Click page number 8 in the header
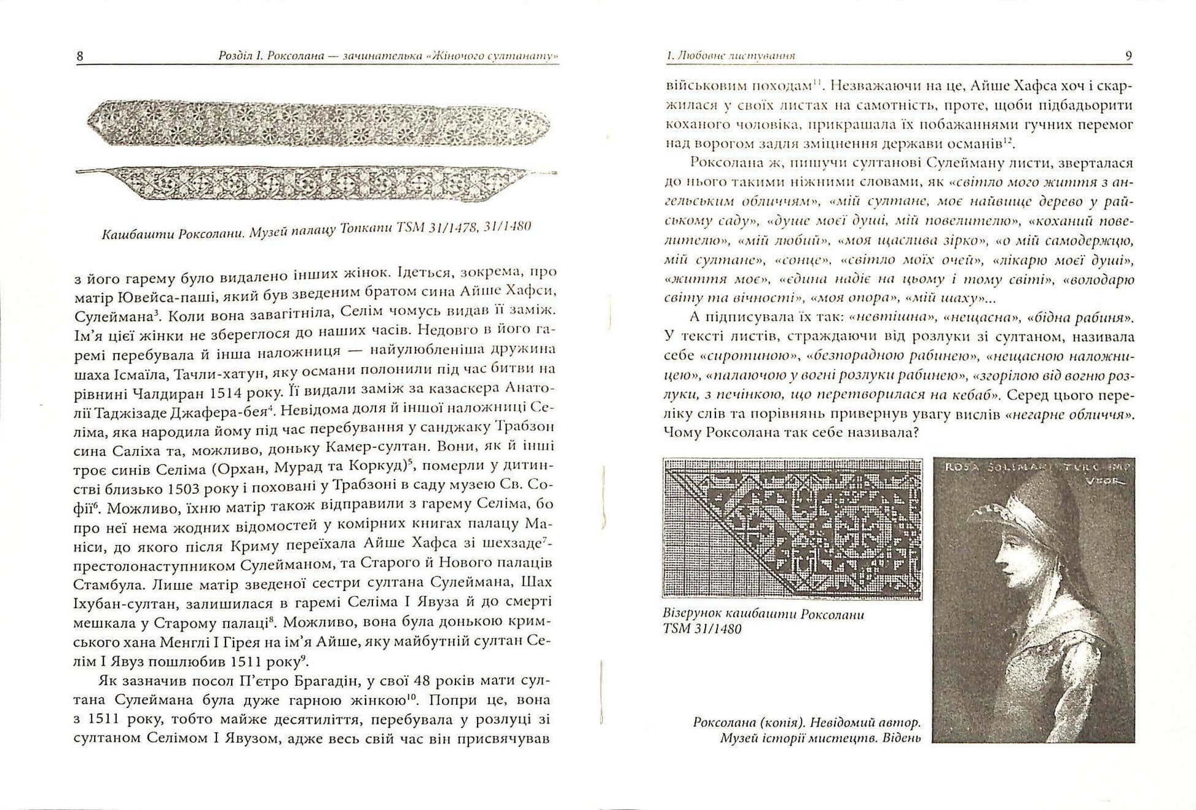80,57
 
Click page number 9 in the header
1128,55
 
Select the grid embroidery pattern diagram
792,528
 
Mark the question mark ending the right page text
915,432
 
